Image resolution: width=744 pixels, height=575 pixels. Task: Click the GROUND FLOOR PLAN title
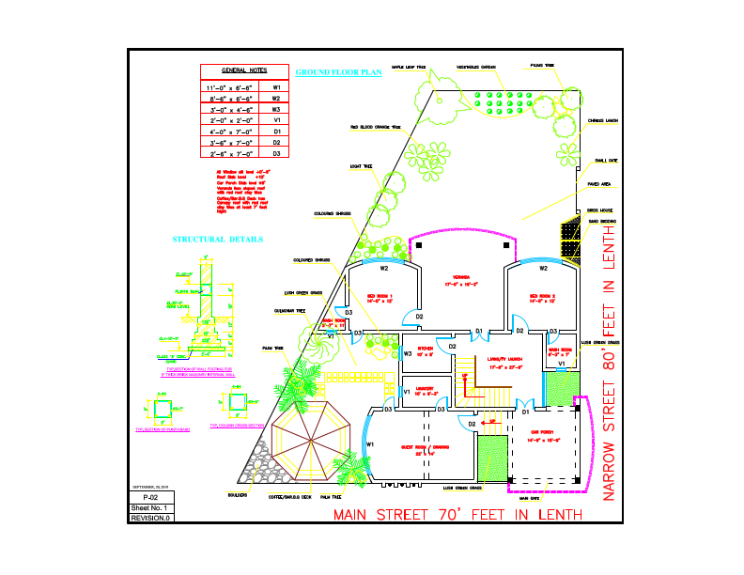[338, 71]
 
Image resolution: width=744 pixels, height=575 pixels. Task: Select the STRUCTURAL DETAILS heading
[218, 240]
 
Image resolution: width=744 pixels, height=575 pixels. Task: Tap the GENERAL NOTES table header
[243, 70]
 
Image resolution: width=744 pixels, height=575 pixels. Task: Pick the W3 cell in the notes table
[276, 109]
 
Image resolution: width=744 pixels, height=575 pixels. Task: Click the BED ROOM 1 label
[379, 298]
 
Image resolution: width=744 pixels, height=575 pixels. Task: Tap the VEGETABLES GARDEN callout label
[475, 68]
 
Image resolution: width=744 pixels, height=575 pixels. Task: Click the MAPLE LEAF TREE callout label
[409, 68]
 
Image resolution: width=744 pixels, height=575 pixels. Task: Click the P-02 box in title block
[151, 497]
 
